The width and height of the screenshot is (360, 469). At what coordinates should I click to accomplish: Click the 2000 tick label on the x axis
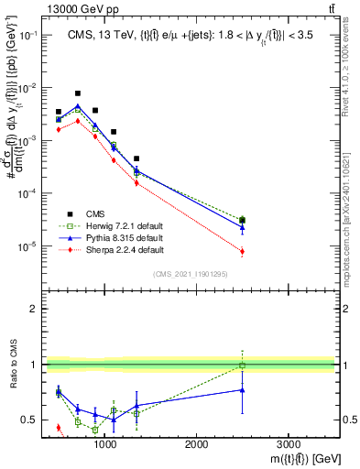coord(196,443)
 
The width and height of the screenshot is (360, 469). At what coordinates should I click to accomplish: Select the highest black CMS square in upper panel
coord(78,93)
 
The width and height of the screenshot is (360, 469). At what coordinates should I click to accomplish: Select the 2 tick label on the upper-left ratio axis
coord(33,310)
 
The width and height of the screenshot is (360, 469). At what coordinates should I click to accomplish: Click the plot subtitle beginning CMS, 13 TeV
coord(188,36)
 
